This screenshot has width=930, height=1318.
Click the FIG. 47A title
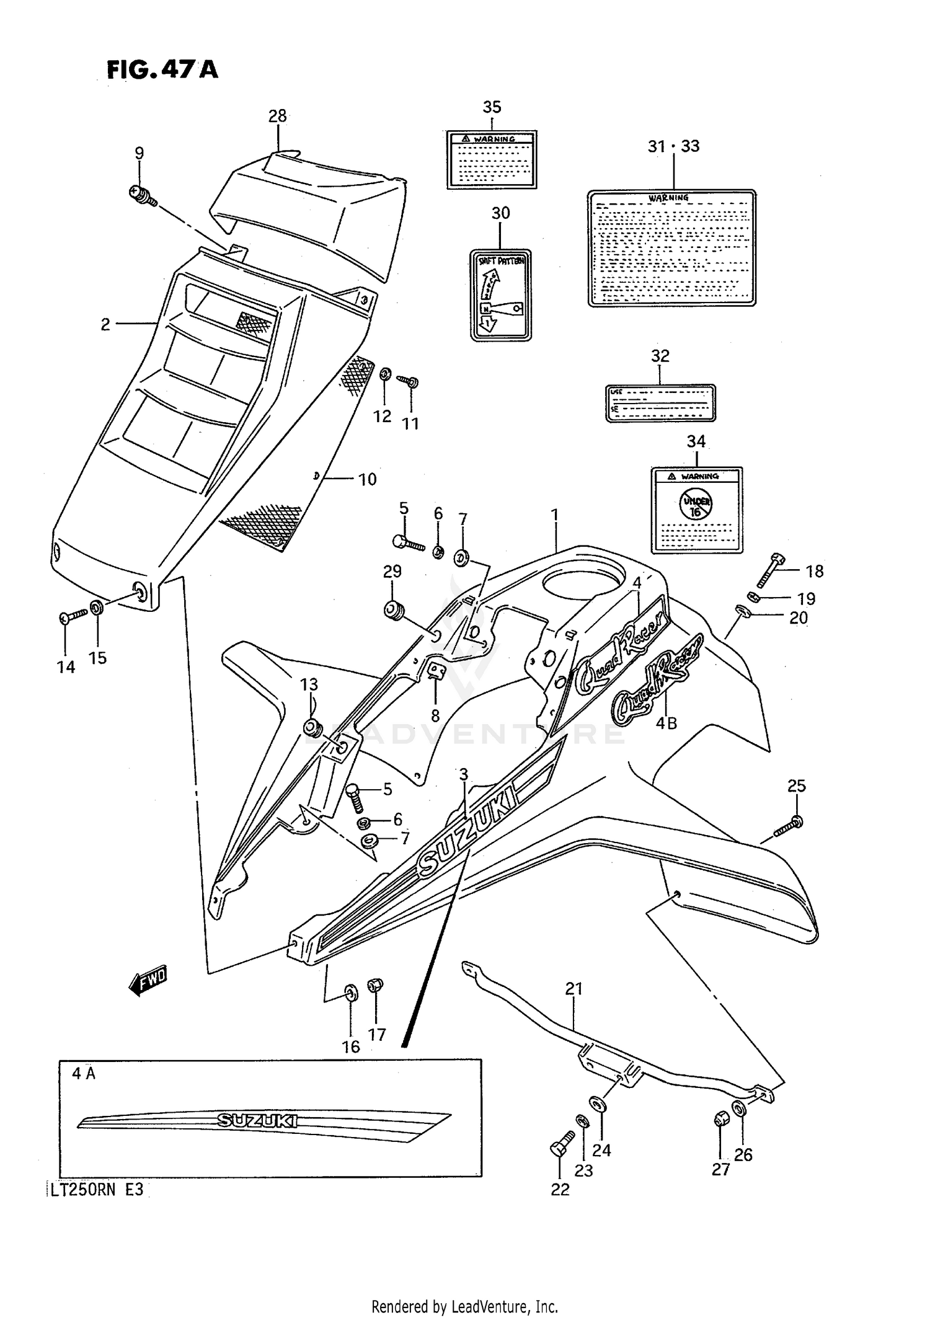click(162, 69)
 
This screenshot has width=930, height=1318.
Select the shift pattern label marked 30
click(500, 294)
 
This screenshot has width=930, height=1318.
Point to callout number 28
click(277, 116)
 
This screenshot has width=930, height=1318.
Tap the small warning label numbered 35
click(492, 159)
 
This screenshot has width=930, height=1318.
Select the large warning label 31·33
click(671, 248)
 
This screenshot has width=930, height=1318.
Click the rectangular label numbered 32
click(660, 403)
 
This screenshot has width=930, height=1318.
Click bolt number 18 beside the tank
click(770, 570)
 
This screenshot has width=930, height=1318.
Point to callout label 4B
click(666, 723)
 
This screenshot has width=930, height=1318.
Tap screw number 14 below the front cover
click(73, 616)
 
